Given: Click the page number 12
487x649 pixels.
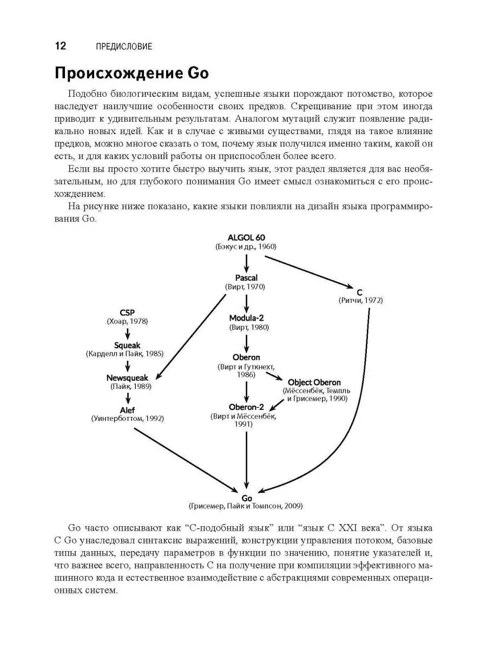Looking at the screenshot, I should point(60,46).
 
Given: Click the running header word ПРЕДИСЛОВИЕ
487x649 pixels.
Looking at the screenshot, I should point(123,47).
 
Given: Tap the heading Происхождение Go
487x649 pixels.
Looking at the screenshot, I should point(132,74).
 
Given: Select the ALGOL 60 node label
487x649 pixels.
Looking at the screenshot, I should point(246,237).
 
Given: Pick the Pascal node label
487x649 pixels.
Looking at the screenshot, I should point(246,277).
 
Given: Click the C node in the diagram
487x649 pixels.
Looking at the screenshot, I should point(360,292).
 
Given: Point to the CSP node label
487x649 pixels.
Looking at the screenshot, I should point(127,313).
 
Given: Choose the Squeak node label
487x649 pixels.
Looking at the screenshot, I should point(127,345).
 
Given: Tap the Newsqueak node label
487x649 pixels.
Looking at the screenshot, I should point(127,378).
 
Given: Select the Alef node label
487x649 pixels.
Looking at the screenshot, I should point(127,409).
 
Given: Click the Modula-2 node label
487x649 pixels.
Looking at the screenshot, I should point(246,318).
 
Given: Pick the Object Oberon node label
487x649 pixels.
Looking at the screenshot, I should point(314,382).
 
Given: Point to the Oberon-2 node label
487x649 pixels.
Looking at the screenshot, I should point(246,407).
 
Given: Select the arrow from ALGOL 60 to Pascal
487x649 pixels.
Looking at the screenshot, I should point(246,262).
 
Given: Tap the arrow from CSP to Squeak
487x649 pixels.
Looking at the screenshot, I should point(127,332).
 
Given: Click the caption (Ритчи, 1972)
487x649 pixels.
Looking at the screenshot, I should point(360,300).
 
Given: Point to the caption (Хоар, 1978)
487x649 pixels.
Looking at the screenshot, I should point(127,321).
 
